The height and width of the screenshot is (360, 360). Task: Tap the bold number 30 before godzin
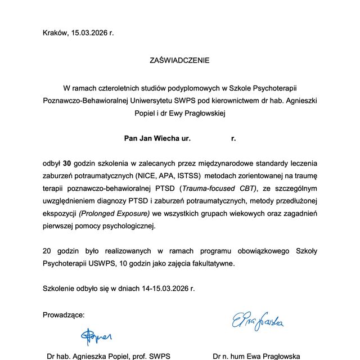click(67, 164)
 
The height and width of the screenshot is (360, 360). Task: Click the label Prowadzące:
click(64, 314)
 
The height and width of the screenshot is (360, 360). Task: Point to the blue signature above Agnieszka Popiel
click(96, 336)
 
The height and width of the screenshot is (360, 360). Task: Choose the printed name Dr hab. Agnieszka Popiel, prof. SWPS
click(108, 356)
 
